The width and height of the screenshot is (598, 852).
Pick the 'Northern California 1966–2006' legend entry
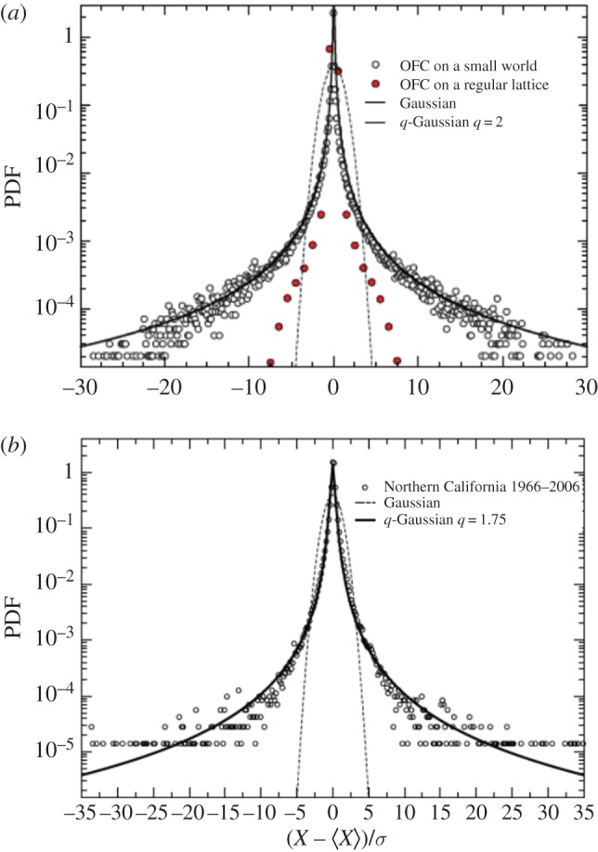[459, 485]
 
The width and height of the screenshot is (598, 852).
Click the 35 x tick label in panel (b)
[583, 814]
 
